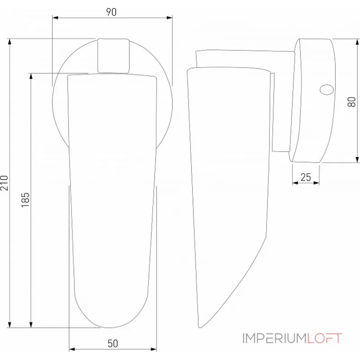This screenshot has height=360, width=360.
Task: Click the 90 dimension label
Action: pyautogui.click(x=111, y=12)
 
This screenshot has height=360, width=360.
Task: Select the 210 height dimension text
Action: pyautogui.click(x=4, y=182)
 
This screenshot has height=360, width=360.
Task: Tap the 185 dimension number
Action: pyautogui.click(x=25, y=199)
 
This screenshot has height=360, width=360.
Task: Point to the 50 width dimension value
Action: pyautogui.click(x=112, y=343)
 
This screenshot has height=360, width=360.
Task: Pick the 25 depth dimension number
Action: pyautogui.click(x=306, y=177)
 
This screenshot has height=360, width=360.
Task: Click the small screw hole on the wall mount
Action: pyautogui.click(x=325, y=90)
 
